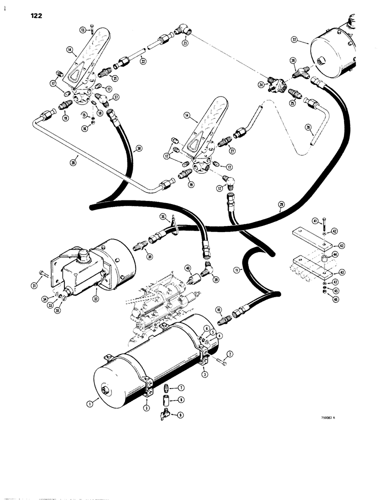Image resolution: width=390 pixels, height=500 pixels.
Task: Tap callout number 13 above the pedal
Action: pos(82,30)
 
